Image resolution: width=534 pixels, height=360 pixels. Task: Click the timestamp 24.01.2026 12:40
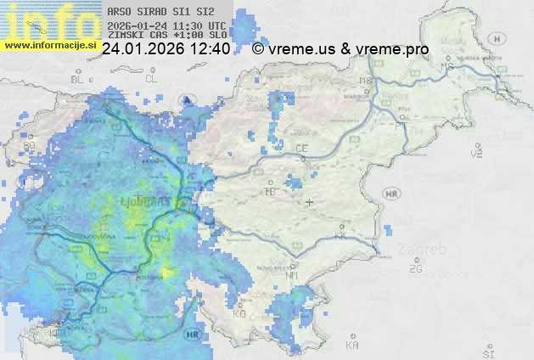pos(166,49)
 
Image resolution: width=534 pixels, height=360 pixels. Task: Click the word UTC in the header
pos(216,25)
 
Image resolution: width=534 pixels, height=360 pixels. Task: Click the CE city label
pos(301,149)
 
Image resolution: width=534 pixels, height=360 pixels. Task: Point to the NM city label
pos(293,275)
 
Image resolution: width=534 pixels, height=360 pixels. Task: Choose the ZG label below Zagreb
pos(415,269)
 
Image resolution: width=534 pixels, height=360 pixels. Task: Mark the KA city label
pos(352,345)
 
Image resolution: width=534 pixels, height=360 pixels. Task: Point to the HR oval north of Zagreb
pos(391,194)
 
